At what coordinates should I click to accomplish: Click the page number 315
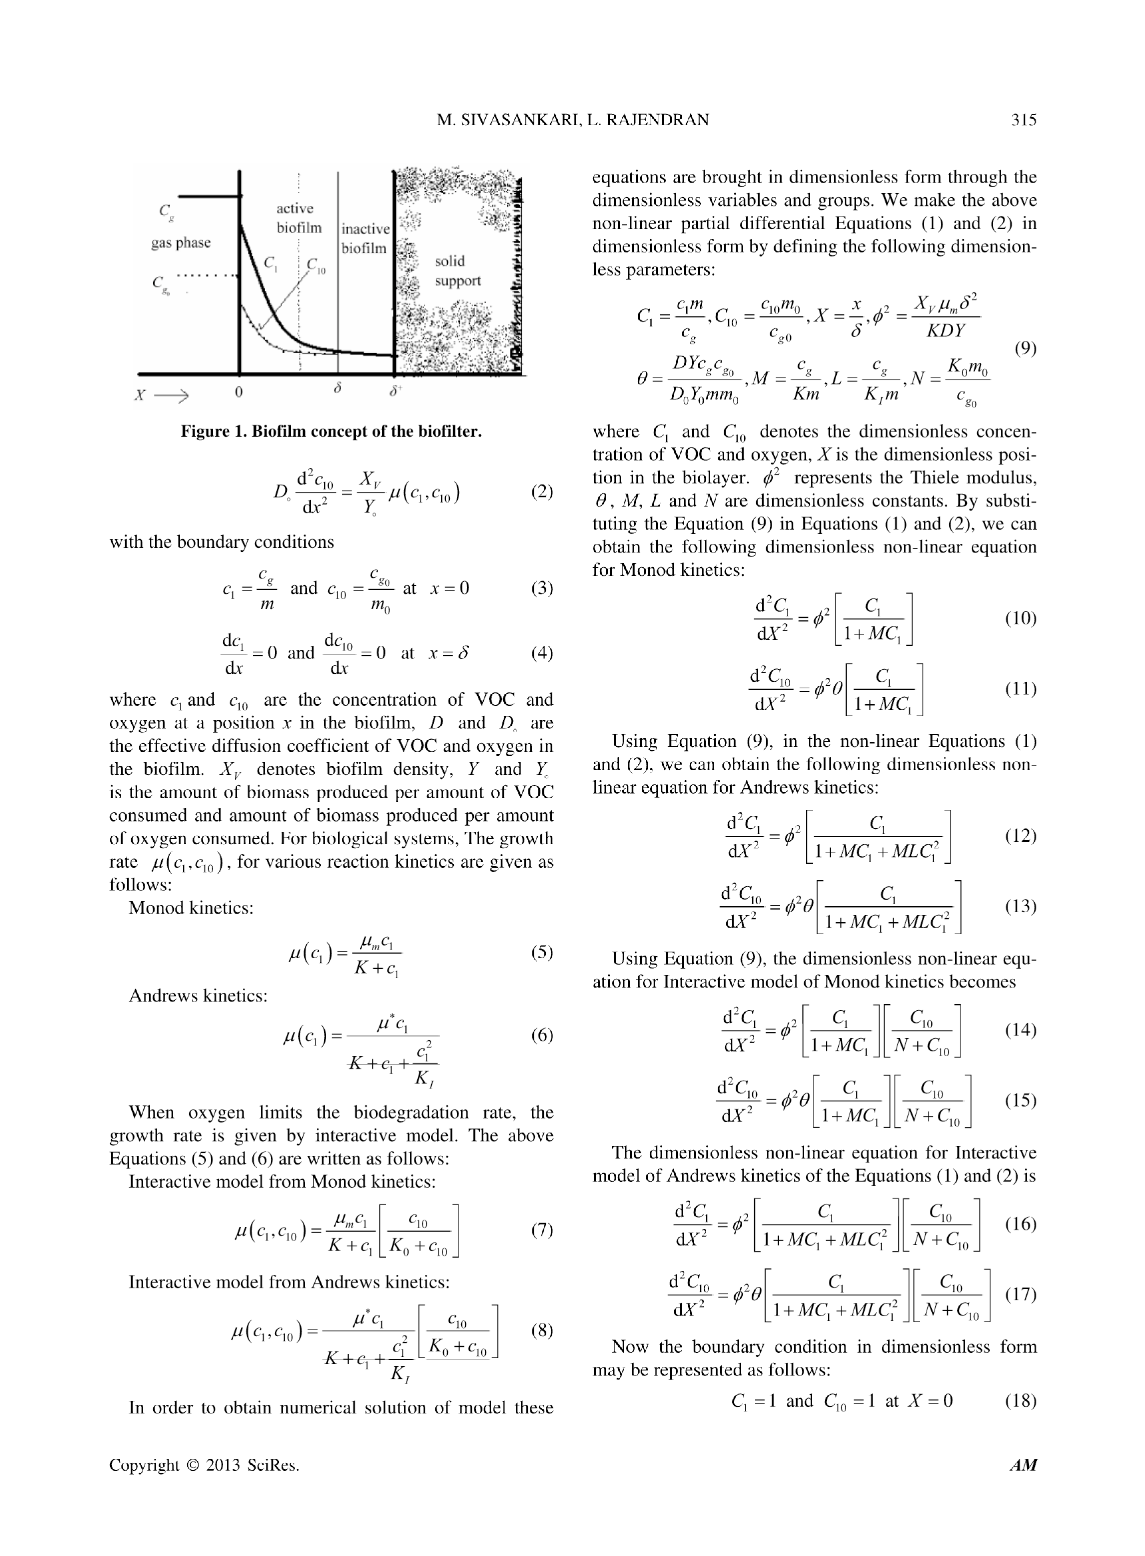pos(1023,120)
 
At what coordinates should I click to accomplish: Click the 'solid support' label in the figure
pos(457,271)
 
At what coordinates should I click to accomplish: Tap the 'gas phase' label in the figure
pos(181,242)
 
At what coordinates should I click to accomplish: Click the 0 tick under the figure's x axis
pos(238,392)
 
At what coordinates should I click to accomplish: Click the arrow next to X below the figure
pos(171,396)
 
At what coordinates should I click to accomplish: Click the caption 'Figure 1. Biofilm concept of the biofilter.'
pos(331,432)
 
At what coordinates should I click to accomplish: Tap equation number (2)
pos(542,492)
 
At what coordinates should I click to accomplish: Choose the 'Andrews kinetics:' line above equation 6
pos(198,996)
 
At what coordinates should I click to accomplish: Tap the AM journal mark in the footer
pos(1023,1465)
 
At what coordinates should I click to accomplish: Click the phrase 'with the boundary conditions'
pos(221,542)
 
